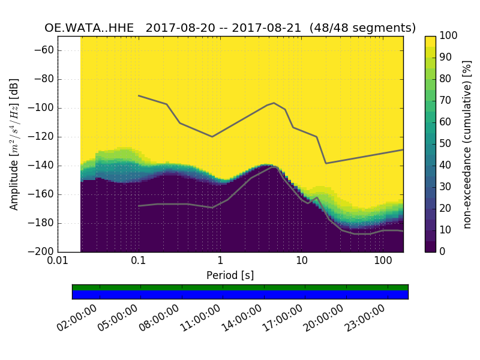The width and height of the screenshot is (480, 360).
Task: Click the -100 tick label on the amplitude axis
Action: tap(42, 108)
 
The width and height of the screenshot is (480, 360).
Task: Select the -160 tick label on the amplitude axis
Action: tap(42, 194)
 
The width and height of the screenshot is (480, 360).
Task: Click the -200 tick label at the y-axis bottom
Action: tap(42, 251)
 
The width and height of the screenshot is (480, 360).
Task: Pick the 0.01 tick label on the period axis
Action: tap(58, 262)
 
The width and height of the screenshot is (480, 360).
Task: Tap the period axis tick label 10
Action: tap(302, 262)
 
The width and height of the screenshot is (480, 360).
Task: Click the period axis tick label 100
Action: tap(383, 262)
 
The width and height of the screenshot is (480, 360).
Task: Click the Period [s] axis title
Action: tap(230, 275)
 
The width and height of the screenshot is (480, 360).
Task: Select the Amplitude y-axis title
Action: tap(14, 144)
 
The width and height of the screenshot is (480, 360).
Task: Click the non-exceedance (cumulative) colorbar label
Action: tap(468, 144)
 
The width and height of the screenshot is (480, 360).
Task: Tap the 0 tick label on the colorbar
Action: tap(443, 251)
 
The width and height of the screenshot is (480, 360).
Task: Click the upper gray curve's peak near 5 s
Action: tap(274, 103)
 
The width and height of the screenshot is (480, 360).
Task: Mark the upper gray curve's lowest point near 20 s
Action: tap(326, 163)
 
